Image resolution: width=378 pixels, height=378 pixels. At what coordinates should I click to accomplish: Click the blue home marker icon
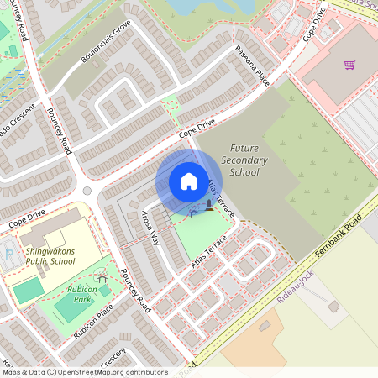189,181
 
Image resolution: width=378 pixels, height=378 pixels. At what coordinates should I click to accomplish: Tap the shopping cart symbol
349,65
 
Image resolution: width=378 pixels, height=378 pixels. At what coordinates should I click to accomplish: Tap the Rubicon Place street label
93,323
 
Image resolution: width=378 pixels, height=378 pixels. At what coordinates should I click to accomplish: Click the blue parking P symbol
9,251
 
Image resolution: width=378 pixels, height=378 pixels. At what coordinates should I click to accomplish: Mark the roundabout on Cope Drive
87,192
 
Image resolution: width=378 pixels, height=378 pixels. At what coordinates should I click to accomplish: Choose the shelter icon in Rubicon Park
102,277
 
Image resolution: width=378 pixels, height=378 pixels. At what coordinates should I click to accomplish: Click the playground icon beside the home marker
209,206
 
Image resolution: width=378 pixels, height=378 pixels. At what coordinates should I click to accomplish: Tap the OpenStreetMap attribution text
84,372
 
